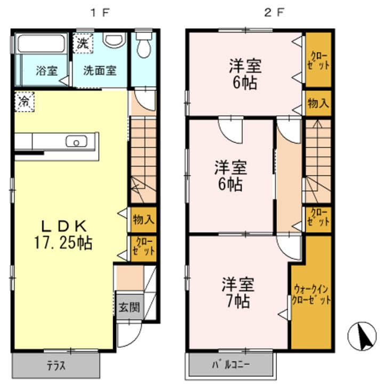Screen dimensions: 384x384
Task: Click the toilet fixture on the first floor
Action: (144, 45)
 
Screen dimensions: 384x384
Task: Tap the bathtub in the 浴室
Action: (41, 44)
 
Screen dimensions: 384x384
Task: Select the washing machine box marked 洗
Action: (83, 43)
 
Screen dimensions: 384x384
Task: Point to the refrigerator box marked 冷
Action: (24, 102)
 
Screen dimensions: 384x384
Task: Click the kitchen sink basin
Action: (76, 141)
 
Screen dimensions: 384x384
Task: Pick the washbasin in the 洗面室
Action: (114, 40)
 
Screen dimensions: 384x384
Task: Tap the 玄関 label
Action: (129, 307)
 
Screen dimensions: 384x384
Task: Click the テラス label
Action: (57, 366)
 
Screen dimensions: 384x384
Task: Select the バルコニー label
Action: (231, 365)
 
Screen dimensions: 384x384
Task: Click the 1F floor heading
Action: (100, 13)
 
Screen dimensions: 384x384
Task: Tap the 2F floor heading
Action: (274, 13)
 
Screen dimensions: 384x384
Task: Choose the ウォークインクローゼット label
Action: (311, 294)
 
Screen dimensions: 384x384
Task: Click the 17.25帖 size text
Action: (63, 243)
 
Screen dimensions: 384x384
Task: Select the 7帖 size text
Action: (238, 301)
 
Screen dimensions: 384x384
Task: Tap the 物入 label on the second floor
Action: (318, 103)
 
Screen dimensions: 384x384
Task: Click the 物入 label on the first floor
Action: (143, 219)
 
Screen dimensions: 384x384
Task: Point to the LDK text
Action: (63, 226)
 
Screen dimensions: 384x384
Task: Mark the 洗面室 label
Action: (100, 70)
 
